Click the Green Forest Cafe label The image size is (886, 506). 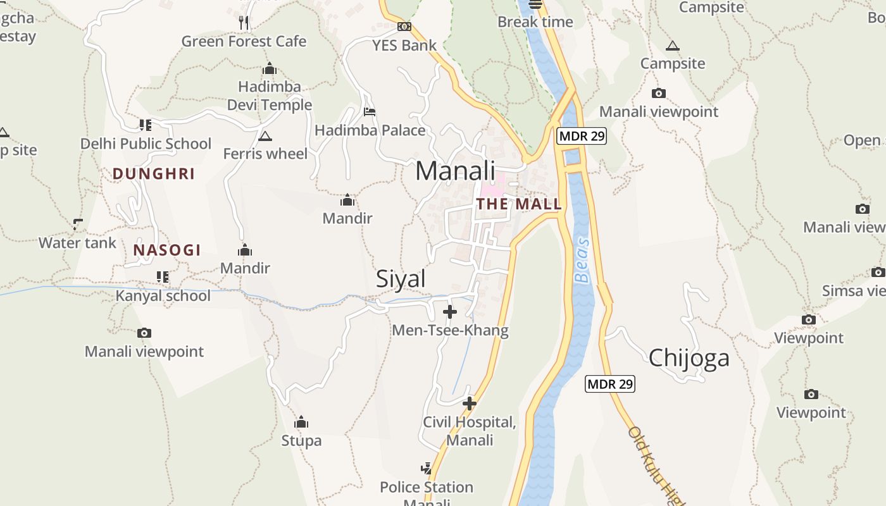pos(244,42)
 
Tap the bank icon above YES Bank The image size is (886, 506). pos(404,27)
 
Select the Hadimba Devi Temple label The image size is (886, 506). pos(270,96)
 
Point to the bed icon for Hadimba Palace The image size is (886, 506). pos(370,112)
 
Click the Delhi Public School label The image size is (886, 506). pos(146,144)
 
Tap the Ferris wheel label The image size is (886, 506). pos(265,154)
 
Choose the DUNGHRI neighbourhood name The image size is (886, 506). pos(154,174)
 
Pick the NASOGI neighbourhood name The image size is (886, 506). pos(167,250)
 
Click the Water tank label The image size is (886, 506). pos(77,243)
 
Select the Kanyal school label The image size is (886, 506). pos(163,296)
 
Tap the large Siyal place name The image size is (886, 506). pos(401,279)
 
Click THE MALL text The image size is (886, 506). pos(519,204)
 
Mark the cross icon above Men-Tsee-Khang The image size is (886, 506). pos(450,312)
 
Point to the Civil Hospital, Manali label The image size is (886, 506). pos(470,431)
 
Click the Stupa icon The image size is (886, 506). pos(302,422)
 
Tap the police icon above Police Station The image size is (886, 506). pos(427,469)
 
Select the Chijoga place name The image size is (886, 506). pos(689,358)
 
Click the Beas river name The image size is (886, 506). pos(582,261)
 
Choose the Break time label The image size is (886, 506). pos(535,22)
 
